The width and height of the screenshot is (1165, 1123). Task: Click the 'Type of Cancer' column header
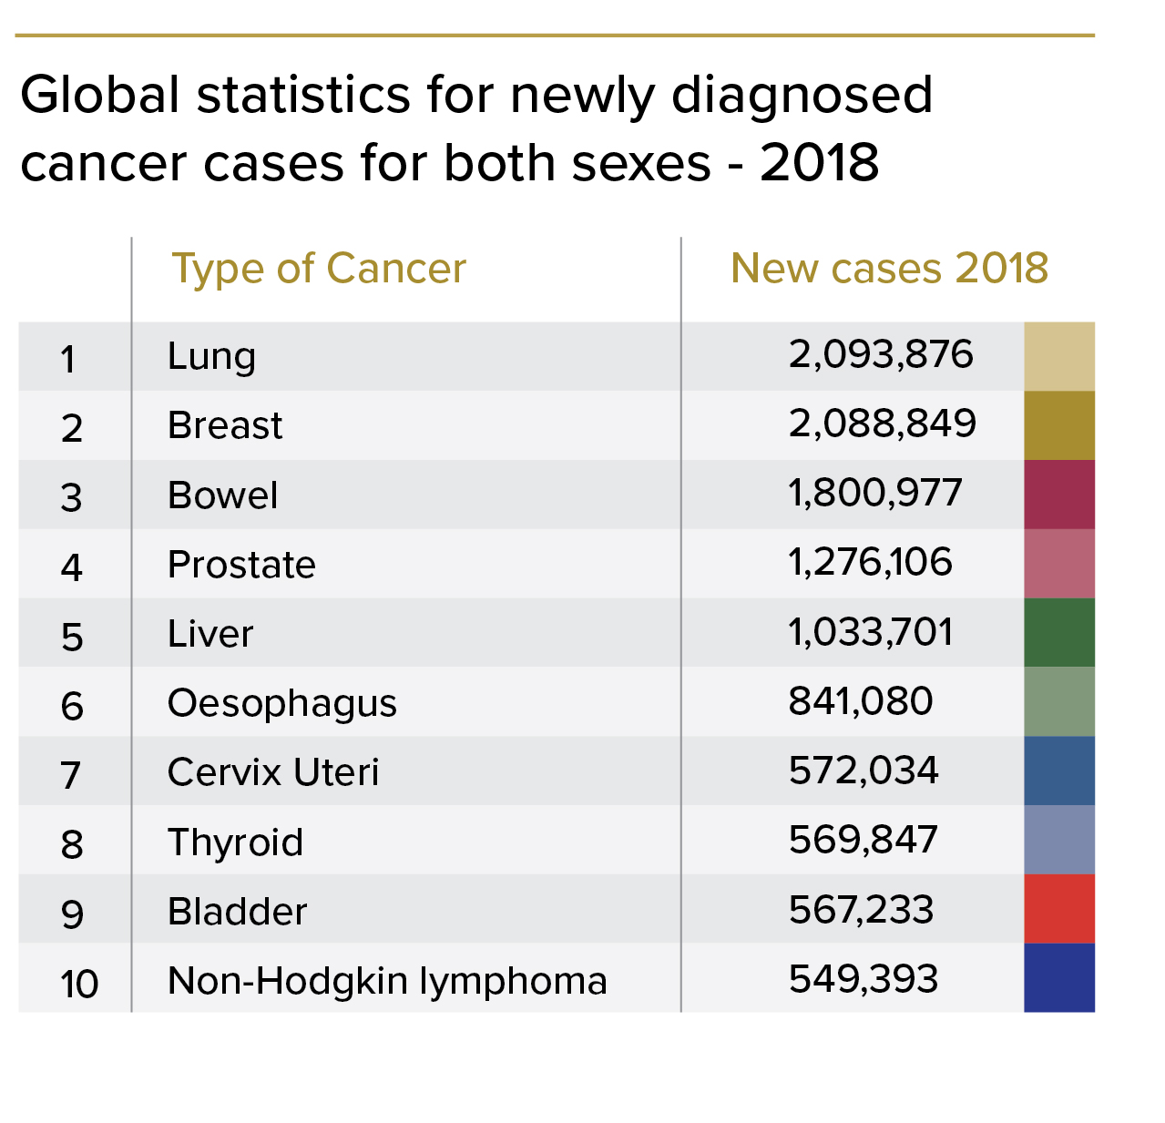(319, 269)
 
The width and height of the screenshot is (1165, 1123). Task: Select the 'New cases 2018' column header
(889, 269)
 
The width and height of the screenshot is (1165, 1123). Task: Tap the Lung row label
(211, 356)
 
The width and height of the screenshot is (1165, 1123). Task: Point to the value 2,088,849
(882, 424)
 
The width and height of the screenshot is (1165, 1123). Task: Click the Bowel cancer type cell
(222, 495)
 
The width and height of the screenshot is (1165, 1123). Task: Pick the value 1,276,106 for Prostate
(870, 563)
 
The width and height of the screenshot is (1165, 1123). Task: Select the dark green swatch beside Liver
(1058, 632)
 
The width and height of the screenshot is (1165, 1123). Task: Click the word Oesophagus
(282, 703)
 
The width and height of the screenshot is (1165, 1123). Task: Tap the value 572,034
(863, 771)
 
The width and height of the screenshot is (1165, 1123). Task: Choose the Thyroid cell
(235, 842)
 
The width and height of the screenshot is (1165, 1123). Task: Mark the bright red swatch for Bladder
(1058, 909)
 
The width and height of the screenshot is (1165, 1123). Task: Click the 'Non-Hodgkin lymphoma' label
(387, 981)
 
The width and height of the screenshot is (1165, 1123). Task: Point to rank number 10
(79, 984)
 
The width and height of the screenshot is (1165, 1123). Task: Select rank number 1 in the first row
(68, 359)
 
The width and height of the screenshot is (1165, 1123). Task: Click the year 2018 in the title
(819, 163)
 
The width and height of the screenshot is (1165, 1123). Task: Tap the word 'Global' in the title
(100, 95)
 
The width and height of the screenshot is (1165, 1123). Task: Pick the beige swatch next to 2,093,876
(1058, 356)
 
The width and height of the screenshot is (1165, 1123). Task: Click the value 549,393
(863, 979)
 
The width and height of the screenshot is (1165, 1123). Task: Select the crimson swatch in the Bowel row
(1058, 495)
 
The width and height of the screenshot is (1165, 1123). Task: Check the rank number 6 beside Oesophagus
(72, 706)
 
